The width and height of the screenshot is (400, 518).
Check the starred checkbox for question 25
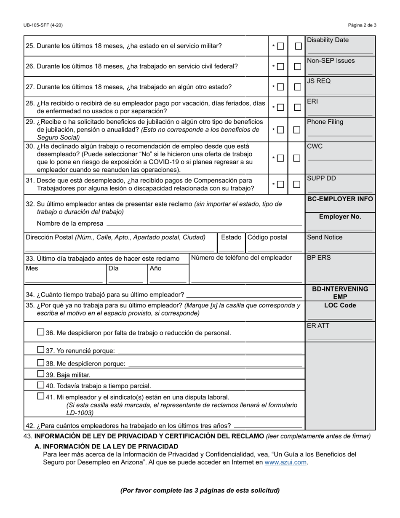pos(280,46)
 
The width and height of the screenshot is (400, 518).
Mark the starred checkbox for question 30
pos(280,158)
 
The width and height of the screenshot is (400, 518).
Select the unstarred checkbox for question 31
pos(297,184)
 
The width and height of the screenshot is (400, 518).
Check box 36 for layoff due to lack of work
pos(40,332)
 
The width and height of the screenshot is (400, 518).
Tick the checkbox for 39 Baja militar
pos(40,374)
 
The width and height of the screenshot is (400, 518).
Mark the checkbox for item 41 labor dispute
pos(40,396)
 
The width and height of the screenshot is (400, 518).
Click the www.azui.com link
pos(285,462)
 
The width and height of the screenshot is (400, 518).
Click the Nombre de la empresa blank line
pos(204,224)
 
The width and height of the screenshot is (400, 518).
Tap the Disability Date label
pos(328,40)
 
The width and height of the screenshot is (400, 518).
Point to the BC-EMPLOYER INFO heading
pos(340,199)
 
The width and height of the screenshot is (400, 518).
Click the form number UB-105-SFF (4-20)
pos(43,25)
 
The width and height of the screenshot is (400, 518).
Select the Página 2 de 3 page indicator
pos(363,25)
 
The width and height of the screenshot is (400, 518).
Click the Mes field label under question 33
pos(32,268)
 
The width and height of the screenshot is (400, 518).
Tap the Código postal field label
pos(267,238)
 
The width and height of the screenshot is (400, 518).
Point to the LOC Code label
pos(340,305)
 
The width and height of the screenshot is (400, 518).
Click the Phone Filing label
pos(325,122)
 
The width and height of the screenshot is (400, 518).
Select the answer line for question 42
pos(268,426)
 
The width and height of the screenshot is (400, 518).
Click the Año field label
pos(155,268)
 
